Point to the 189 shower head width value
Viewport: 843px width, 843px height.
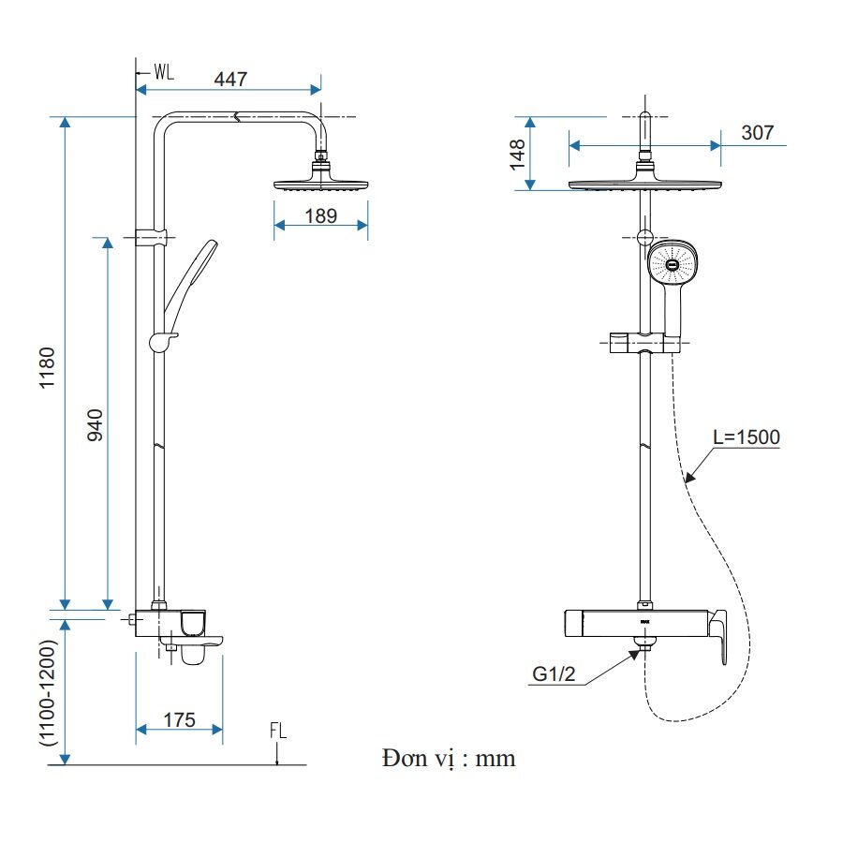pyautogui.click(x=320, y=215)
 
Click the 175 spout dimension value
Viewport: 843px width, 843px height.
pyautogui.click(x=179, y=719)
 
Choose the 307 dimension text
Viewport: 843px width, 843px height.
pyautogui.click(x=757, y=132)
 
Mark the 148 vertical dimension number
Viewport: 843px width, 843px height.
pyautogui.click(x=516, y=154)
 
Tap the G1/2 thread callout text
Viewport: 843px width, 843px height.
pyautogui.click(x=553, y=673)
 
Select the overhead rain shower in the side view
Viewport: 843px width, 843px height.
pyautogui.click(x=321, y=182)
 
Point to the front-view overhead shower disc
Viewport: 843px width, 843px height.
pyautogui.click(x=645, y=183)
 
